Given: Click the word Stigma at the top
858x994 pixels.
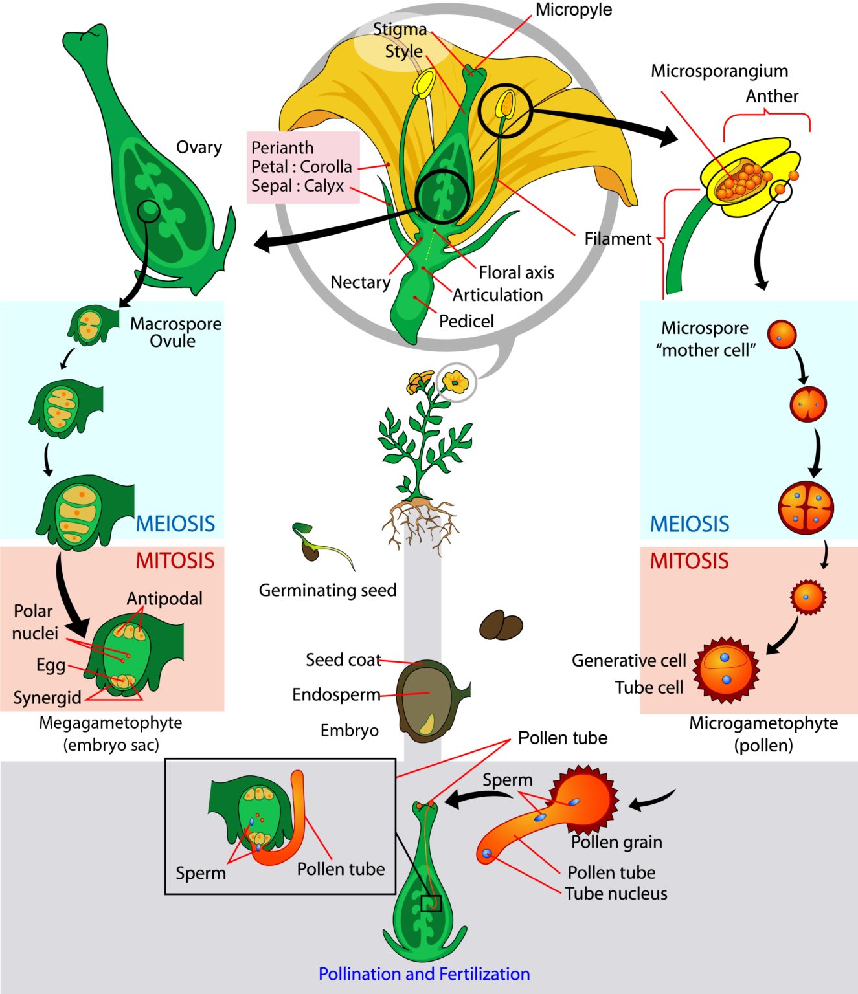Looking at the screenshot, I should point(400,30).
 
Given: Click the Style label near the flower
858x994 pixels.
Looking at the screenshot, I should point(403,52).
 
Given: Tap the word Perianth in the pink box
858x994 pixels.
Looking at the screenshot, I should point(282,148).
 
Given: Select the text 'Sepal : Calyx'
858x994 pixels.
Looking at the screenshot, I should point(297,186).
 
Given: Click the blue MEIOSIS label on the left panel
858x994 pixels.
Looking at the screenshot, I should point(175,524).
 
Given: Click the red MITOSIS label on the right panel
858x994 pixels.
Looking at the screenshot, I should point(689,561).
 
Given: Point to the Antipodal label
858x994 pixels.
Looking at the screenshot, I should point(164,599).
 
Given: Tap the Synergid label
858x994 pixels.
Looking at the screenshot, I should point(47,698).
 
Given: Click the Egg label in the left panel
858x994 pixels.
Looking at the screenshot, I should point(51,665).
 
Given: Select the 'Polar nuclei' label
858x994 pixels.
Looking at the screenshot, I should point(35,623).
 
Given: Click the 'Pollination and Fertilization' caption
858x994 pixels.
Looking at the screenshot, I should point(424,974).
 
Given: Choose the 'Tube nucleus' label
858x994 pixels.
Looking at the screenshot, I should point(616,894).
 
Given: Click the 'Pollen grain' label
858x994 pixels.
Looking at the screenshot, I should point(616,843).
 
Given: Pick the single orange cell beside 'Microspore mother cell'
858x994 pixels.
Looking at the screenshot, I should point(782,335).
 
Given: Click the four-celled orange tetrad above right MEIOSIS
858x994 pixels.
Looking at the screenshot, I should point(806,508).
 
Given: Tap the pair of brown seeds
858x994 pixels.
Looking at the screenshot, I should point(501,626).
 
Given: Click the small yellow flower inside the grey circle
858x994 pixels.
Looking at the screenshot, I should point(456,382).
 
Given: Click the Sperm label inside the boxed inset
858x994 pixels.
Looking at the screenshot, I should point(201,874).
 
